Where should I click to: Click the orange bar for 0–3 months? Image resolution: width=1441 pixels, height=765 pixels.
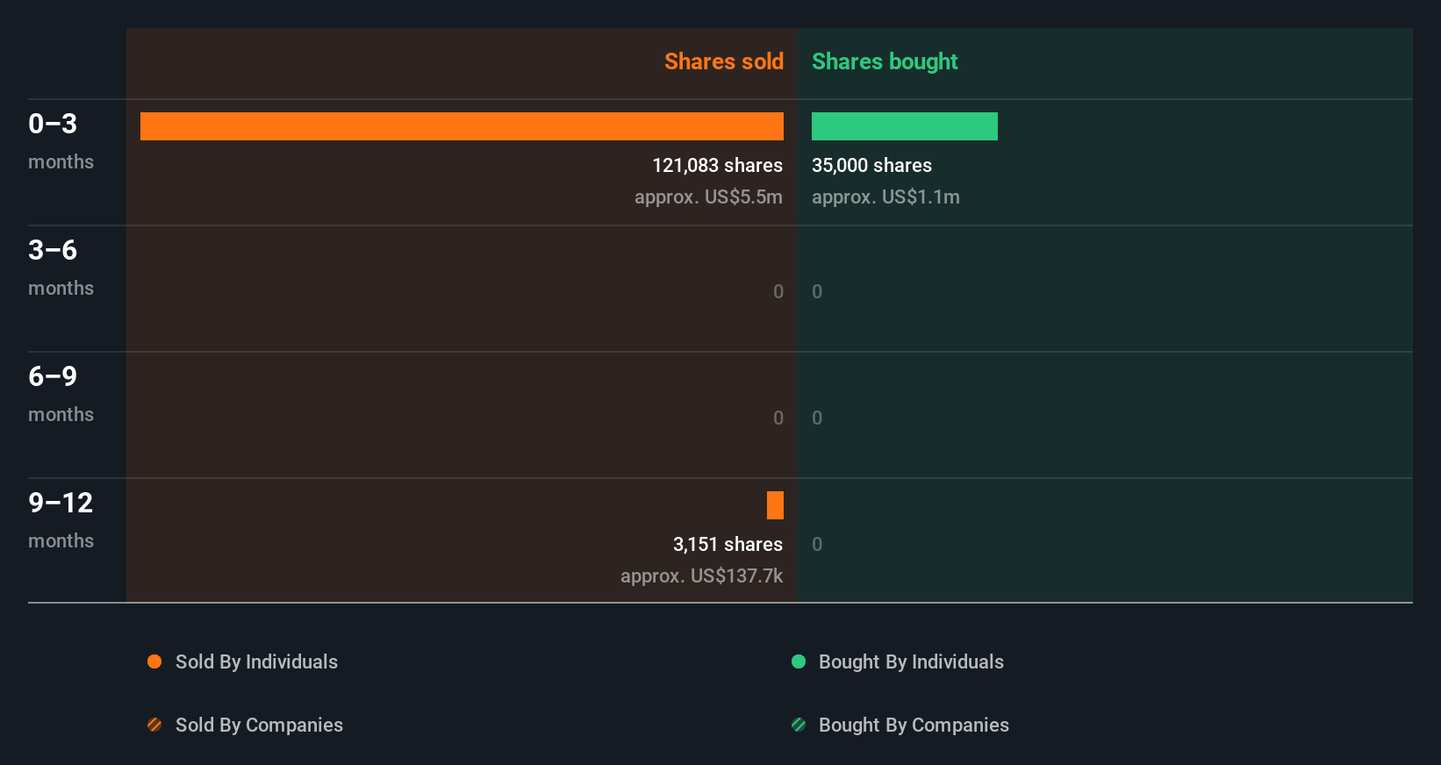462,126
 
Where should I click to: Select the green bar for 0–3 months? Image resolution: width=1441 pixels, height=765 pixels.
904,126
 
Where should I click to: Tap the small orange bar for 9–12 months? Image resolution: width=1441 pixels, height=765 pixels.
775,505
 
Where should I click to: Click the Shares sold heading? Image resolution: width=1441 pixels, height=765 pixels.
723,61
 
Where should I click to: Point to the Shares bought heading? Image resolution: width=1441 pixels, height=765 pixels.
884,61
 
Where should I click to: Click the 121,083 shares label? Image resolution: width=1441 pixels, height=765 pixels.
717,166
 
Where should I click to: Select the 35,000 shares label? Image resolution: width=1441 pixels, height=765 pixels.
871,166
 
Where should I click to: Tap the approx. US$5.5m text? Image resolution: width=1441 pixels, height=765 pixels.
708,197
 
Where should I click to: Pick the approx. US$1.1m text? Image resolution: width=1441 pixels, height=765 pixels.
885,197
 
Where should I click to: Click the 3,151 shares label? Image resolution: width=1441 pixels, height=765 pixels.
728,545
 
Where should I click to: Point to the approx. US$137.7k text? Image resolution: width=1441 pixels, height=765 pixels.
701,576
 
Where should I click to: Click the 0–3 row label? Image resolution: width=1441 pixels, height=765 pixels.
53,124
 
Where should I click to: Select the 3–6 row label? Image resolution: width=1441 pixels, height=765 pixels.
53,250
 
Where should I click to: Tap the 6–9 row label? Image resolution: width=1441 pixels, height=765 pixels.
53,376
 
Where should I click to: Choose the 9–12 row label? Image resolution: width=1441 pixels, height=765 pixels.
61,503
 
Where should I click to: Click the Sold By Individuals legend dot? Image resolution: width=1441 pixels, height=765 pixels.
154,661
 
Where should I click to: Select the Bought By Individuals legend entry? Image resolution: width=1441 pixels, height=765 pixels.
910,662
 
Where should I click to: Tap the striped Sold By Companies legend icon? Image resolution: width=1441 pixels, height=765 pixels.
154,725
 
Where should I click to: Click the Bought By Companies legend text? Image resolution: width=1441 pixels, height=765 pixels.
914,726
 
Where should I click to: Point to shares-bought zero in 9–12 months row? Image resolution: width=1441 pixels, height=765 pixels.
817,545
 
